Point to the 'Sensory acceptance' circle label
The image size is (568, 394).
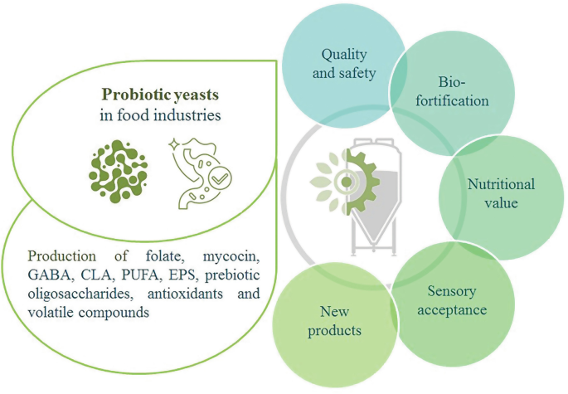pos(457,301)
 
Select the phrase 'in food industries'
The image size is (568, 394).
pos(161,115)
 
